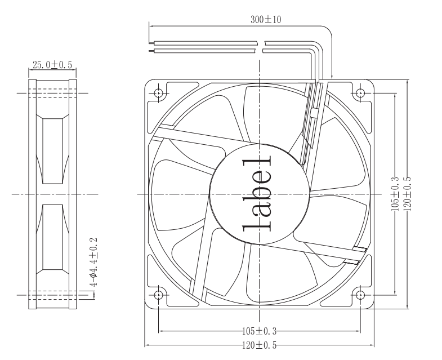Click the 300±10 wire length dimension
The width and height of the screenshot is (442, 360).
point(265,19)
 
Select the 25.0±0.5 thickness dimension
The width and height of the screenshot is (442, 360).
point(52,65)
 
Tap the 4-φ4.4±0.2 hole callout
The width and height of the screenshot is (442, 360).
point(94,262)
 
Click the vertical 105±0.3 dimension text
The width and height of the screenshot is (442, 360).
point(395,193)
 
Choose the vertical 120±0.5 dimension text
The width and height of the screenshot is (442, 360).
point(406,193)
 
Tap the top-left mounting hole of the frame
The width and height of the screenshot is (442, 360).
point(158,92)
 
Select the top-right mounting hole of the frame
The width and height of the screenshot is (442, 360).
point(360,92)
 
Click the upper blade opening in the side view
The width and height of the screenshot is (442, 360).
point(52,149)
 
